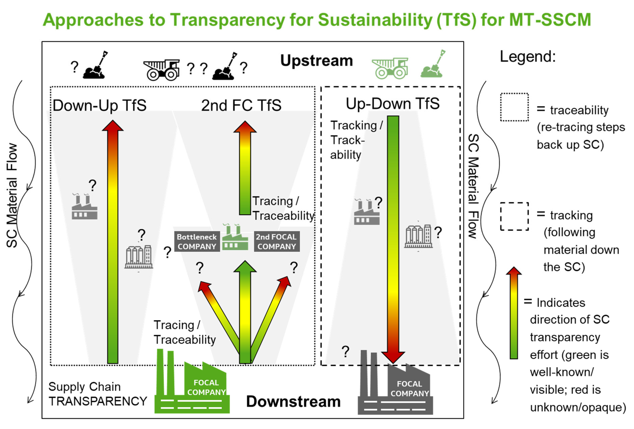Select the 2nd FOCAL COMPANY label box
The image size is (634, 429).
(x=276, y=242)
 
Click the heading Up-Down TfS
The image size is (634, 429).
(x=393, y=104)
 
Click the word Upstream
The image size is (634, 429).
(x=316, y=61)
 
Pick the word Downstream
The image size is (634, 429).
(x=293, y=401)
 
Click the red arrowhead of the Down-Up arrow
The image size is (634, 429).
(x=113, y=126)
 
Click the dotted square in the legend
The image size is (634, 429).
(x=514, y=107)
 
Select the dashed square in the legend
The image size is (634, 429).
(x=514, y=216)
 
